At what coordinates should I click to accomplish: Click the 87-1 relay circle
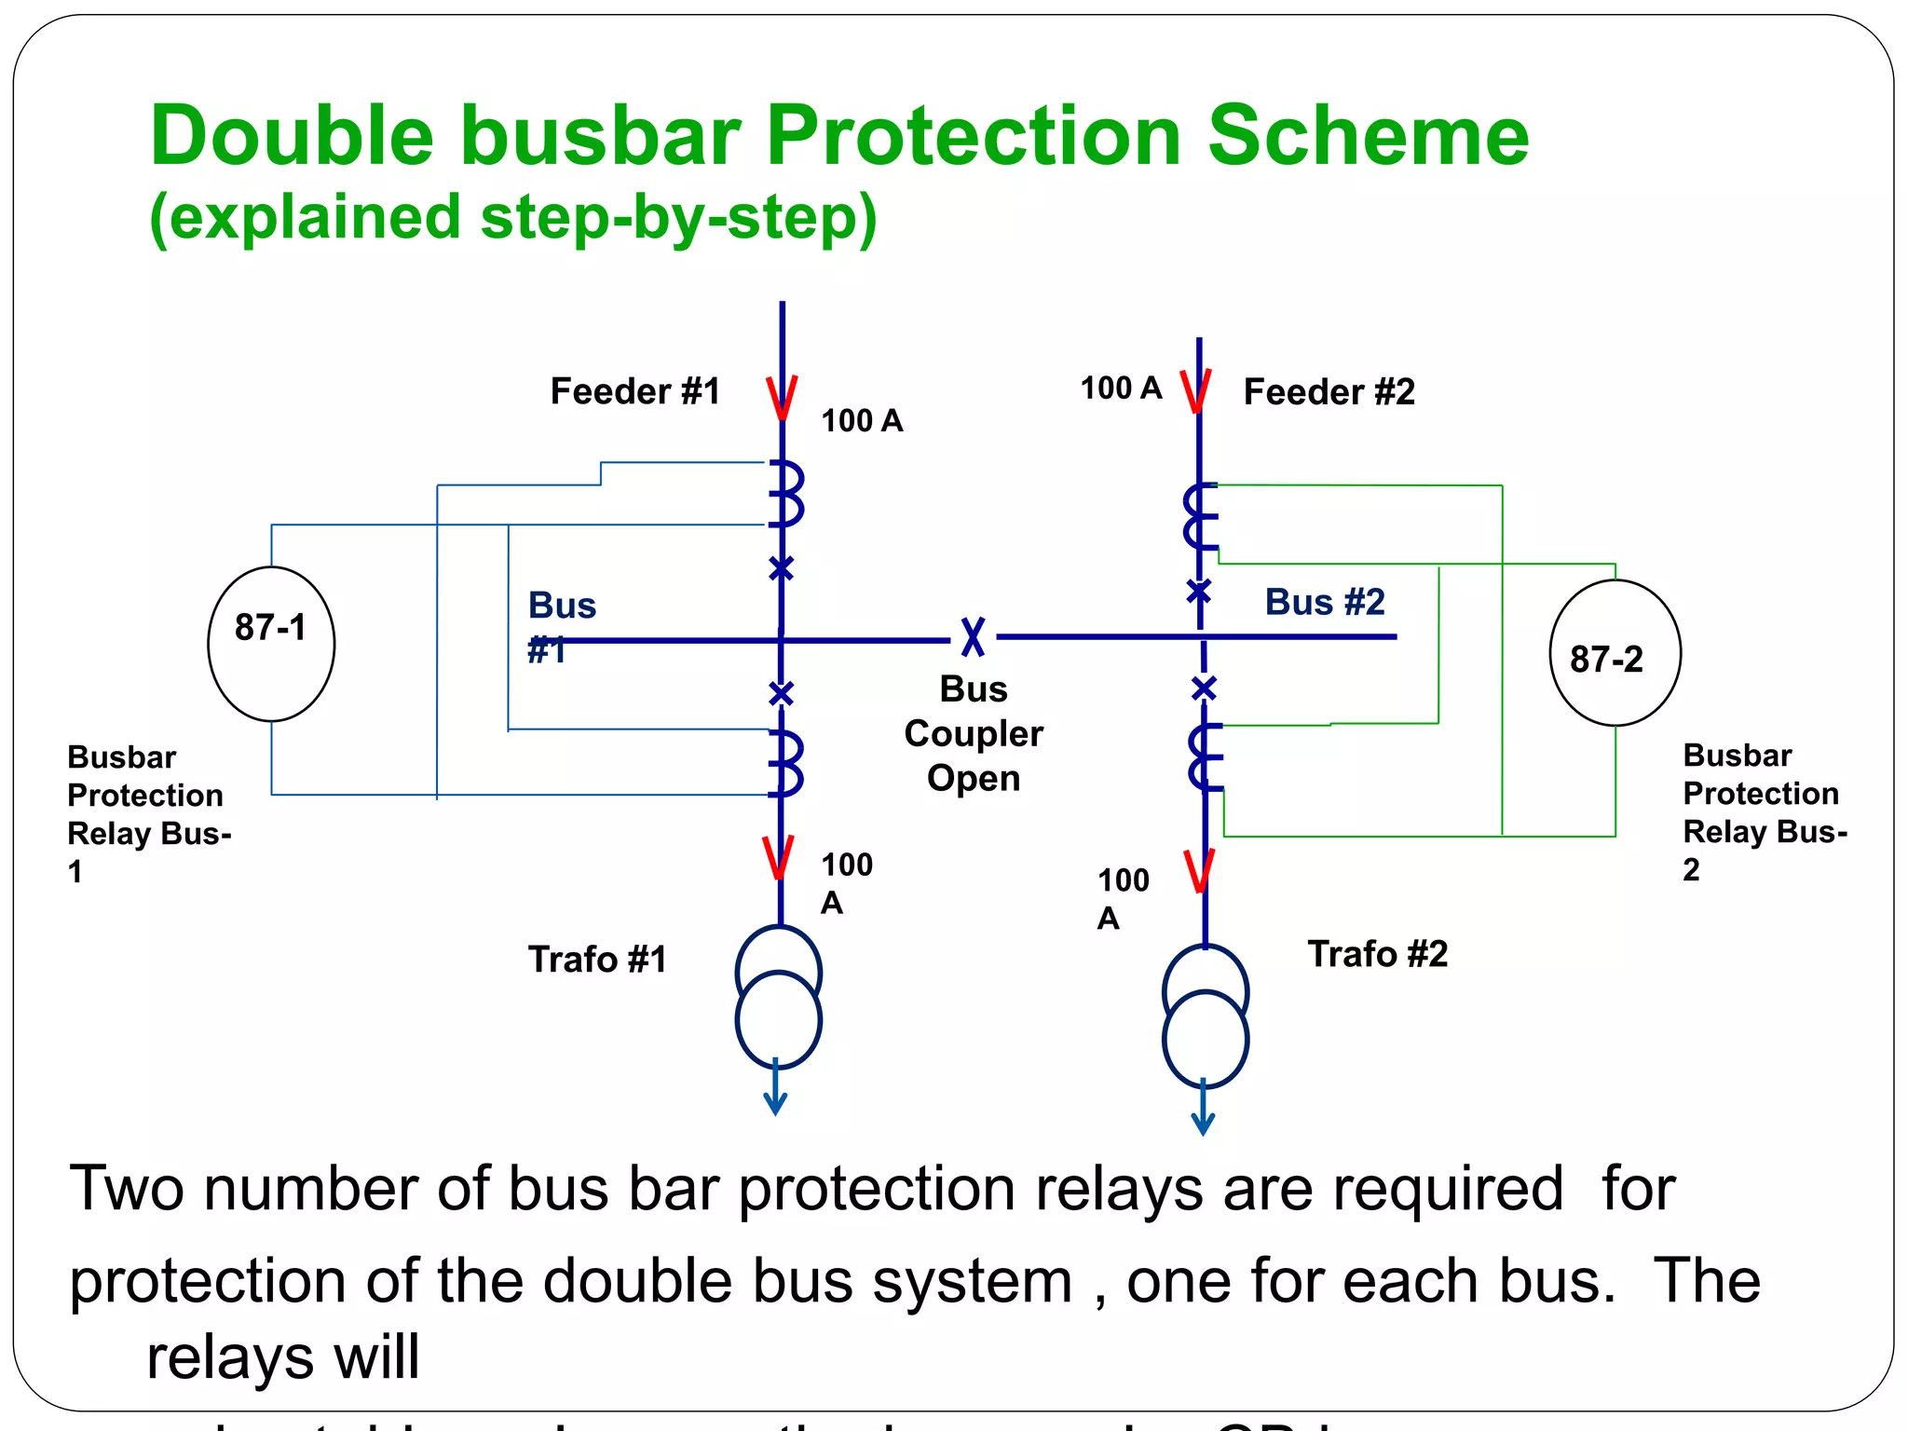point(271,643)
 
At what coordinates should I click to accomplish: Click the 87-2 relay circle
point(1615,653)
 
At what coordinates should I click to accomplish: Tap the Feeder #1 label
point(635,391)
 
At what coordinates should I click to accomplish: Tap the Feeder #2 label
point(1329,392)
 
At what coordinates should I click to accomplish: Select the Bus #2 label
point(1324,602)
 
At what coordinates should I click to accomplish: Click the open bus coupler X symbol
point(973,637)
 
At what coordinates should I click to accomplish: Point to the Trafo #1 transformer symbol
point(778,997)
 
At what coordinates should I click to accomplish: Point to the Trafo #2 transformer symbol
point(1205,1016)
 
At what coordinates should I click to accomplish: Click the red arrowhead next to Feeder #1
point(782,398)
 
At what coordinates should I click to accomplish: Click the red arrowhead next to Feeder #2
point(1195,391)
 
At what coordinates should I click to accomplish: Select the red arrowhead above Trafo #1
point(778,858)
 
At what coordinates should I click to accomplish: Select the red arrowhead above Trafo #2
point(1199,871)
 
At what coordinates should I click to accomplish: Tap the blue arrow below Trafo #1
point(775,1090)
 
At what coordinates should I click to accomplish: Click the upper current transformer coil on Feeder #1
point(787,494)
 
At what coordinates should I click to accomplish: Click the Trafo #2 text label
point(1377,954)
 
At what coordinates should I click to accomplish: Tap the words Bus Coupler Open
point(974,733)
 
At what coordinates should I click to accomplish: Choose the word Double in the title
point(292,136)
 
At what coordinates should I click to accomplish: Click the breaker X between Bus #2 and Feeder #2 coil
point(1199,591)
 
